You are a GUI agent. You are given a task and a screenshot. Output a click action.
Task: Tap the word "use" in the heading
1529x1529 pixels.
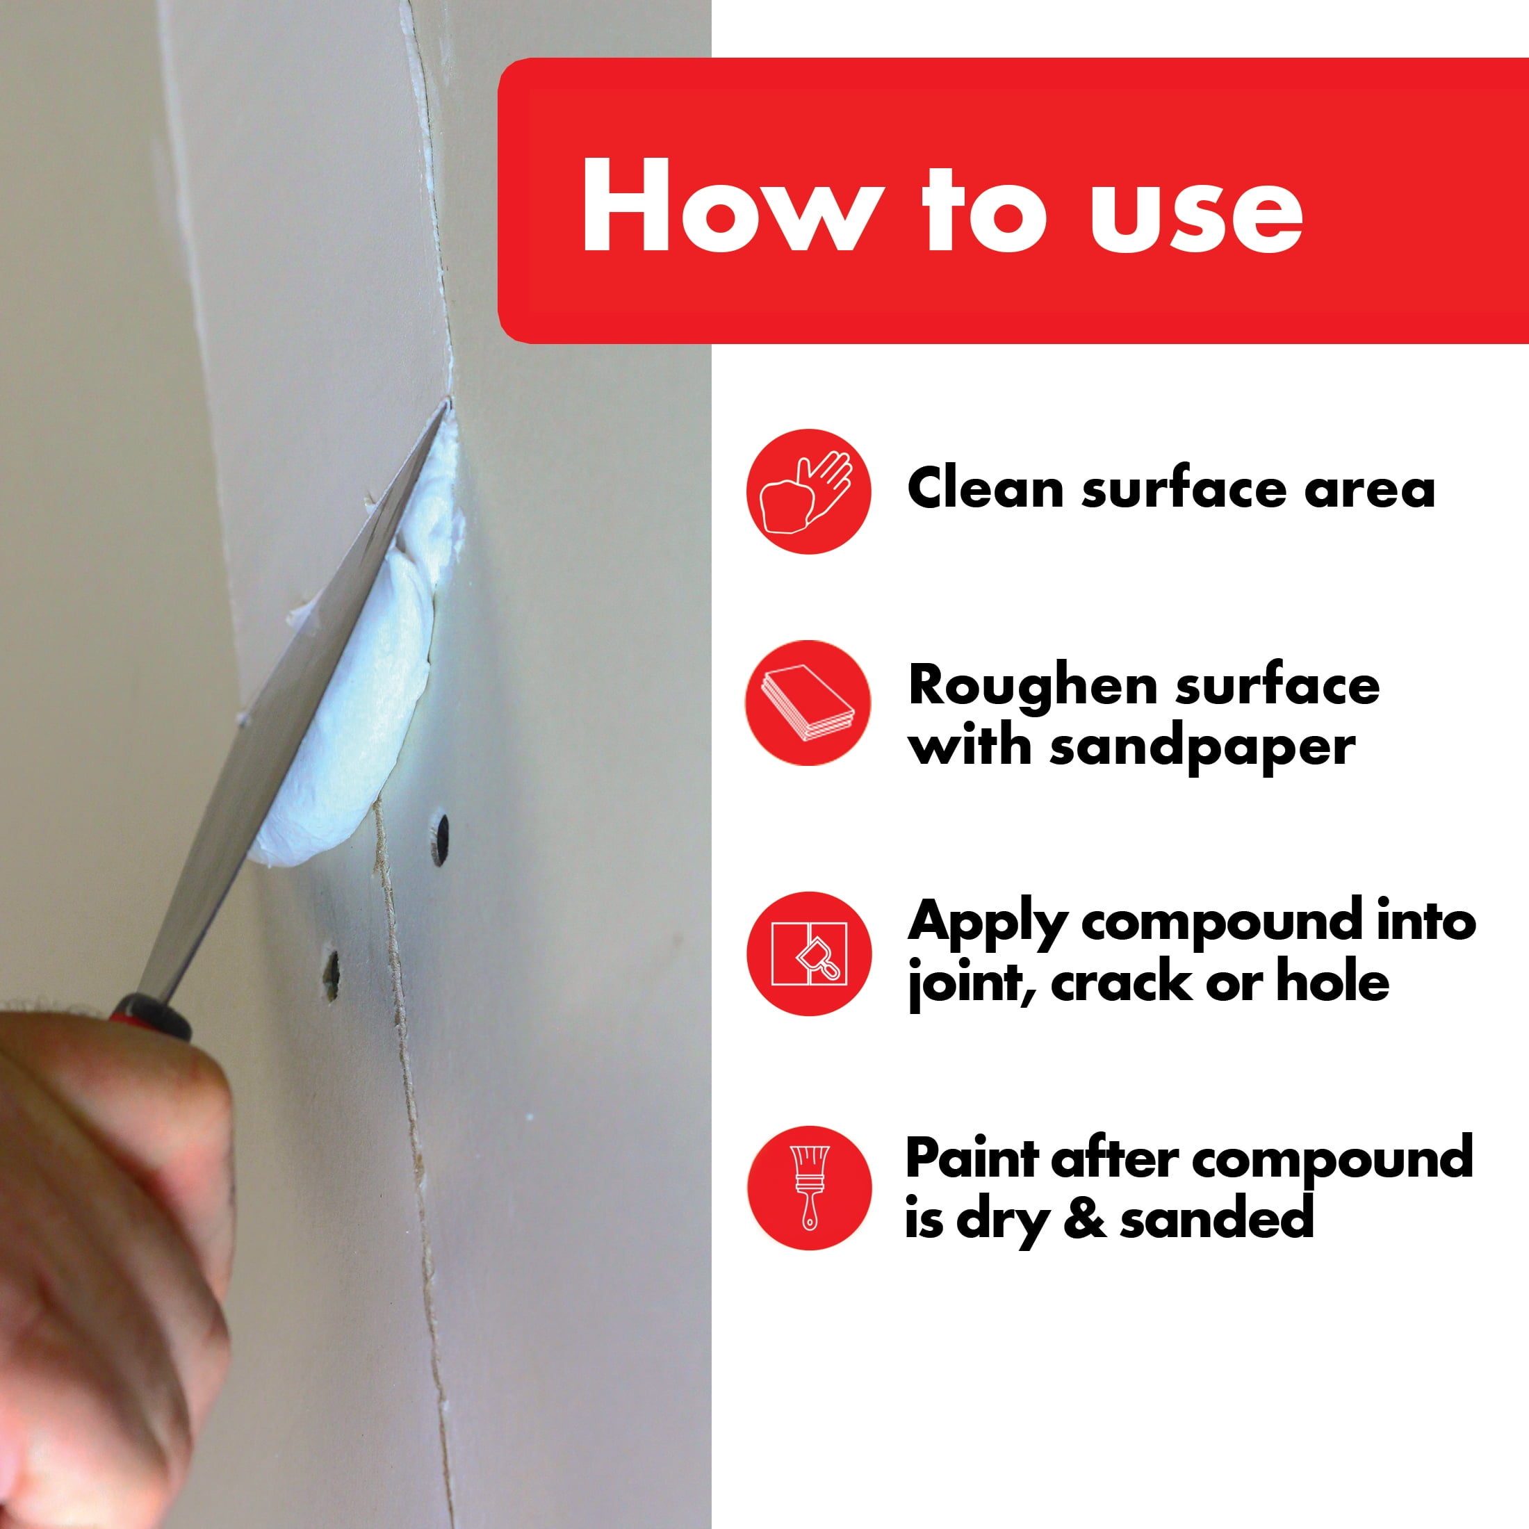pyautogui.click(x=1196, y=215)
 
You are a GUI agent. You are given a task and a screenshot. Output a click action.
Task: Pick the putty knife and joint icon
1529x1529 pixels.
pyautogui.click(x=808, y=954)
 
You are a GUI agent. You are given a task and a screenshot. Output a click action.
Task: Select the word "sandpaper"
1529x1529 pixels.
pyautogui.click(x=1202, y=748)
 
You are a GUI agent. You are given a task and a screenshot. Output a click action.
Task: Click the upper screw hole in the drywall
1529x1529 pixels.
pyautogui.click(x=439, y=839)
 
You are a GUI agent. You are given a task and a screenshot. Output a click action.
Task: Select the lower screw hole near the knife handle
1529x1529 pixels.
pyautogui.click(x=331, y=976)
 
